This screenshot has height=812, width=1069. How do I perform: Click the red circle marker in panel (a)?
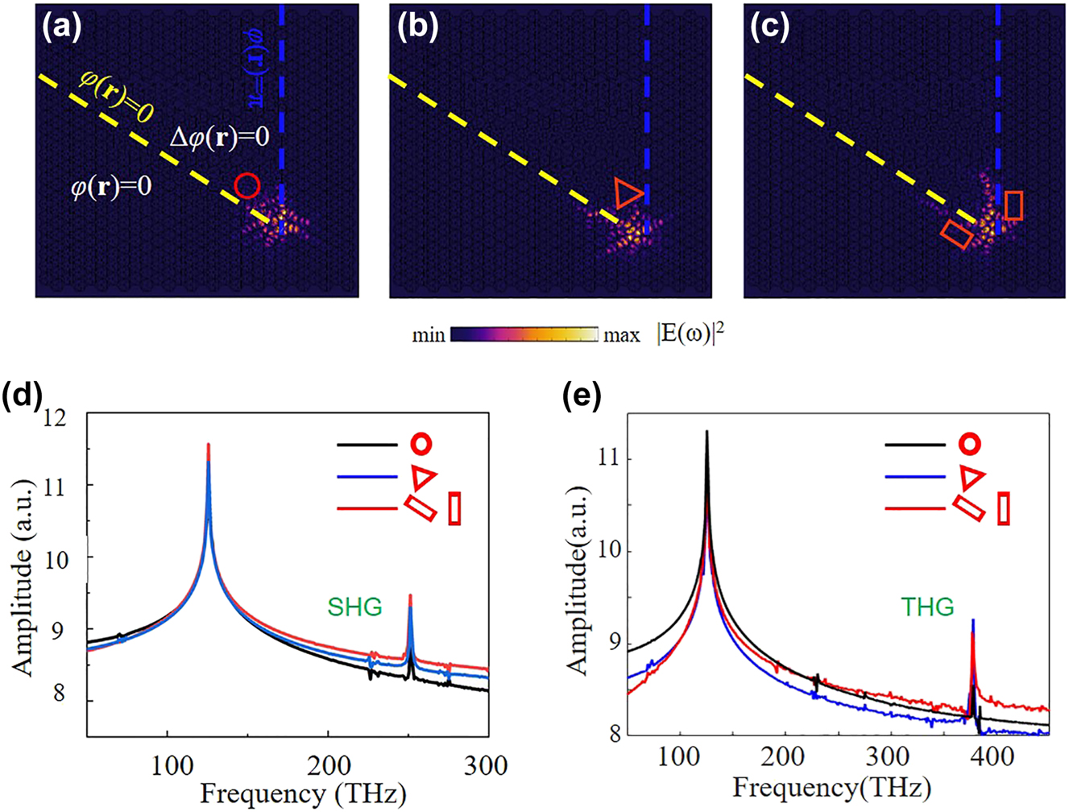pos(247,186)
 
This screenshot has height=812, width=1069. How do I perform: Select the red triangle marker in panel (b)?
pos(627,193)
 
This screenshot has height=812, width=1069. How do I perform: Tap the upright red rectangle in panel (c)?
pos(1014,205)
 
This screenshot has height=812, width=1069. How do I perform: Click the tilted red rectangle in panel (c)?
pos(957,234)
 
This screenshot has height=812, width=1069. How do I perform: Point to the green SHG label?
pos(354,606)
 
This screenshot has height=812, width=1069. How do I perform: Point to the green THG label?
pos(928,606)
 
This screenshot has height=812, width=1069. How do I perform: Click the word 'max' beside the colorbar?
pos(622,335)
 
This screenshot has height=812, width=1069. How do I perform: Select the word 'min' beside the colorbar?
pos(429,335)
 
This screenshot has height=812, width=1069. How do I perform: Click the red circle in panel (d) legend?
pos(421,443)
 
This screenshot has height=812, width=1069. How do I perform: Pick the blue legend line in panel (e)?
pos(914,477)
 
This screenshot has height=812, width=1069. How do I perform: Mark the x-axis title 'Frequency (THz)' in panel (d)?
pos(303,793)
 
